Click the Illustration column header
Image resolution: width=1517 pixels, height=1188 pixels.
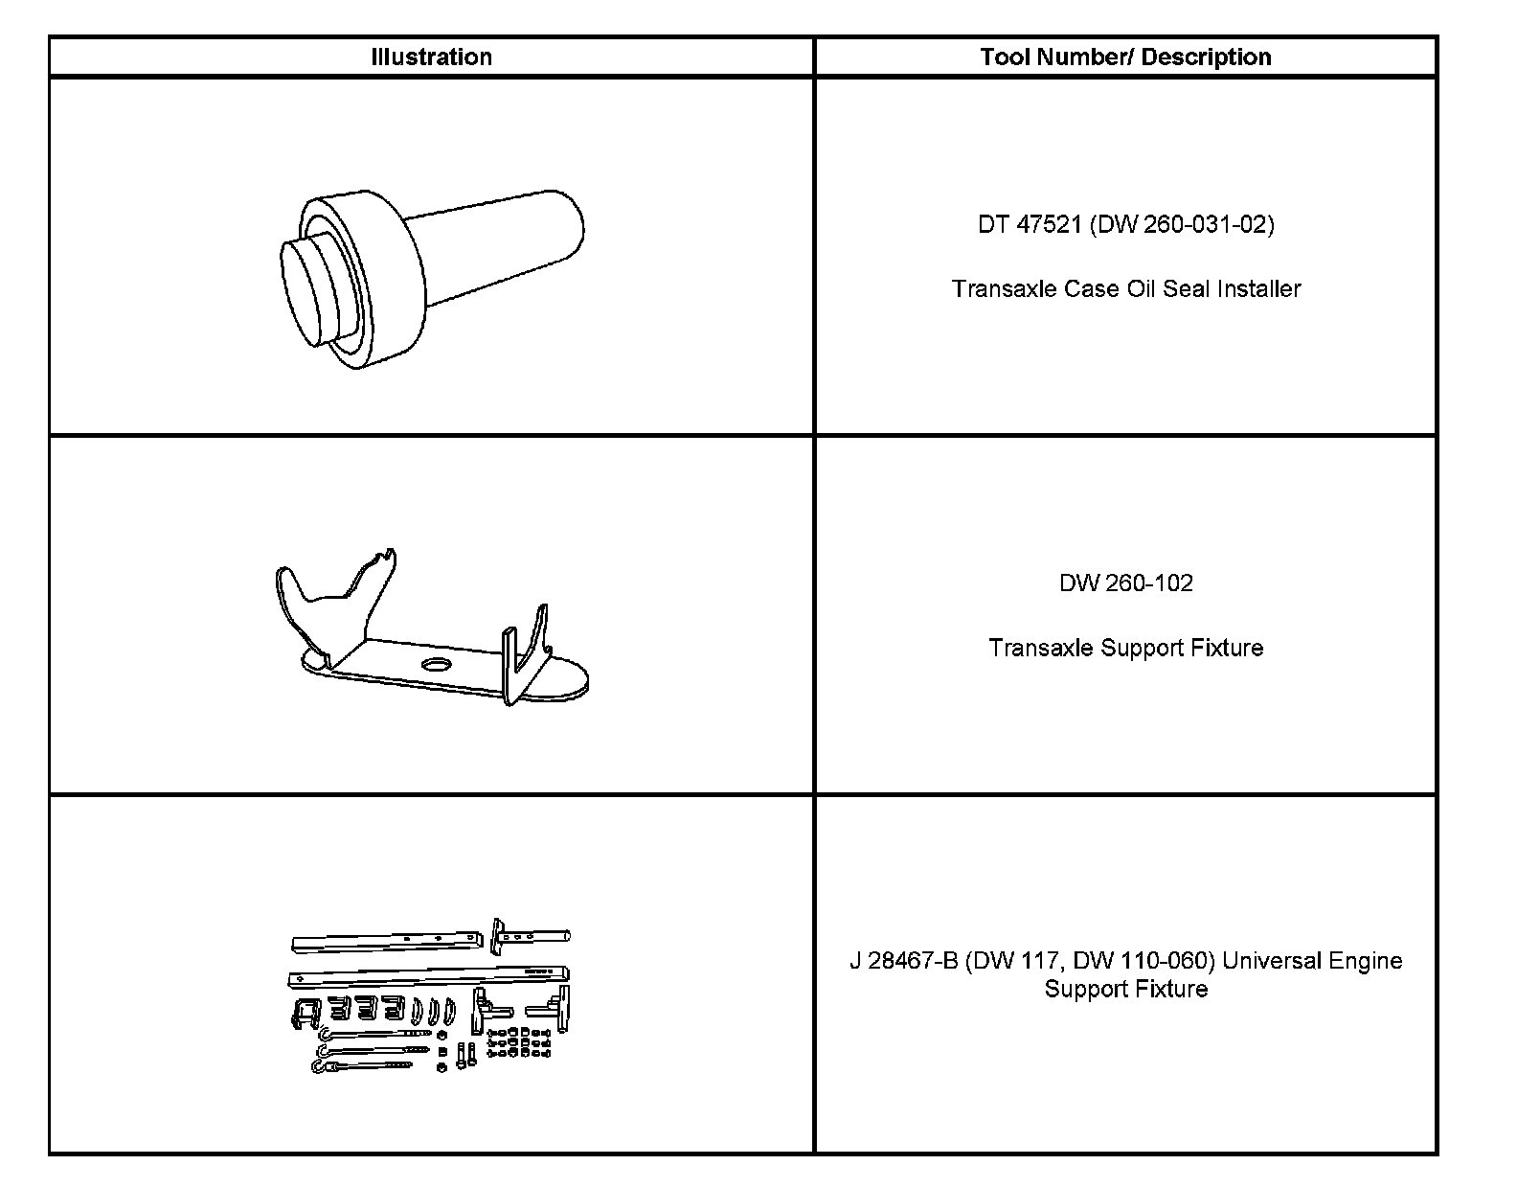pos(431,57)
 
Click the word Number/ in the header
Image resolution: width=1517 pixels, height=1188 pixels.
pos(1085,57)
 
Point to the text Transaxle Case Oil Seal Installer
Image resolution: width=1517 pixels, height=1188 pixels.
pos(1126,288)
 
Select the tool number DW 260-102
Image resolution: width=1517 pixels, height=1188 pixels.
pos(1126,583)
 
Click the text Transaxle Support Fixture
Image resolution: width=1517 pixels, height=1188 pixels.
pos(1126,648)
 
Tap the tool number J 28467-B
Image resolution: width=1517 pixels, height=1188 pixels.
pos(903,961)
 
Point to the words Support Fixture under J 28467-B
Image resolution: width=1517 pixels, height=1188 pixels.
pos(1126,989)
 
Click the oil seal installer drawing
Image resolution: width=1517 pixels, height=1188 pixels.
pos(431,278)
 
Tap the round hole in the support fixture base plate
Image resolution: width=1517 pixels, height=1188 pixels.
pos(436,664)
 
